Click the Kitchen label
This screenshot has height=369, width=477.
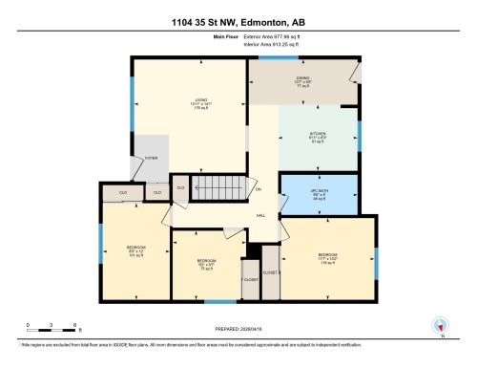318,135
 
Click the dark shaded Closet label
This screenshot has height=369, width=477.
250,279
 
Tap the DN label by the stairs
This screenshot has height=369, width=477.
259,189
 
